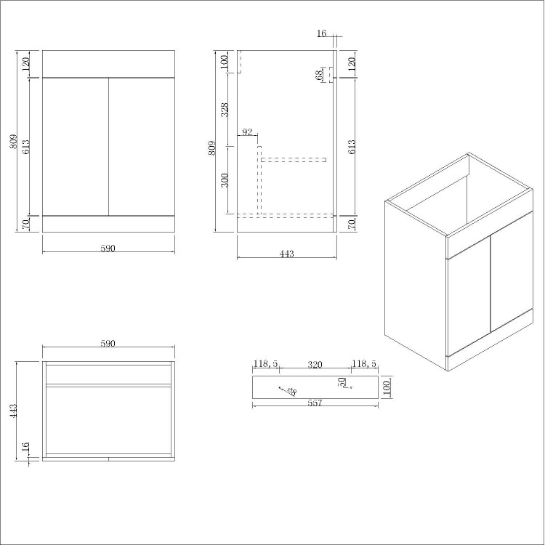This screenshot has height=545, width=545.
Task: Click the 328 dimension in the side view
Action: coord(225,109)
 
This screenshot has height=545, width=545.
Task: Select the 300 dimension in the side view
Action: coord(225,179)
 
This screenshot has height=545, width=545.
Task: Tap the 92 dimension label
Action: coord(247,132)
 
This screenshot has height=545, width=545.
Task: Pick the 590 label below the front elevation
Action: coord(108,249)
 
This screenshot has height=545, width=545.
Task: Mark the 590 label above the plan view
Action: coord(108,344)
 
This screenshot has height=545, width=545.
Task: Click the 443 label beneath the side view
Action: coord(286,254)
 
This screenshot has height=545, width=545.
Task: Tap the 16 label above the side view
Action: coord(322,33)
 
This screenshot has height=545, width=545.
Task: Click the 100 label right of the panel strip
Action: coord(387,387)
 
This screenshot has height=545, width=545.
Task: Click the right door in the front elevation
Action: coord(142,146)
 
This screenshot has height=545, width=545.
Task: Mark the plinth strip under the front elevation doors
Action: coord(108,223)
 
